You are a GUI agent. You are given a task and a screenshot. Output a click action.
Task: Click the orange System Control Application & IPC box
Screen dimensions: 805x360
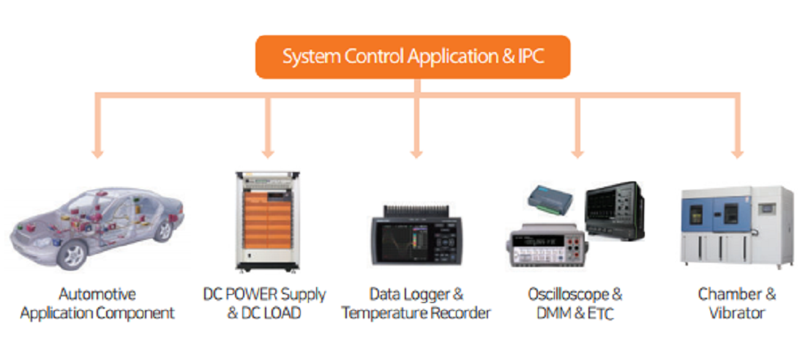pyautogui.click(x=413, y=57)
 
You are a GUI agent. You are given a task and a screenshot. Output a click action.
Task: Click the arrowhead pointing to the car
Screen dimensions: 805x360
pyautogui.click(x=97, y=154)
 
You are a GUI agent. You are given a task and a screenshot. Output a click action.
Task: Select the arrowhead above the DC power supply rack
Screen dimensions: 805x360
pyautogui.click(x=267, y=154)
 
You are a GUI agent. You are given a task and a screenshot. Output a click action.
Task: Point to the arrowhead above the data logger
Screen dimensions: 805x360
pyautogui.click(x=416, y=154)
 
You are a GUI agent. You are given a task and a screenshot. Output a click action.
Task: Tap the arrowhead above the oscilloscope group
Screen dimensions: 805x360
pyautogui.click(x=577, y=154)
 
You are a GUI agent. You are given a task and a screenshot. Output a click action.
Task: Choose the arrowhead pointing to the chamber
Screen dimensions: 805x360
pyautogui.click(x=737, y=154)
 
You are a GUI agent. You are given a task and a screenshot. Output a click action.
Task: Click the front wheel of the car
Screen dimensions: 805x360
pyautogui.click(x=72, y=255)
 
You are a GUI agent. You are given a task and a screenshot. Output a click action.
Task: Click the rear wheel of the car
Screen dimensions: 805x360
pyautogui.click(x=162, y=230)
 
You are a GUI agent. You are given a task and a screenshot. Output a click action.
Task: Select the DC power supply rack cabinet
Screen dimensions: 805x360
pyautogui.click(x=267, y=221)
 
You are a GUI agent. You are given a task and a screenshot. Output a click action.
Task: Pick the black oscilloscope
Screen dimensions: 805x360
pyautogui.click(x=615, y=211)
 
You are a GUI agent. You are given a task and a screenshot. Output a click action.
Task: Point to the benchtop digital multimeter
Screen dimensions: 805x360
pyautogui.click(x=547, y=245)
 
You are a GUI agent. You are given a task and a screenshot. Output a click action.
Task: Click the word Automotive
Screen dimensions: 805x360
pyautogui.click(x=97, y=294)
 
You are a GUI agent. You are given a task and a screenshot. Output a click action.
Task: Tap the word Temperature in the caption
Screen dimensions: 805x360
pyautogui.click(x=387, y=313)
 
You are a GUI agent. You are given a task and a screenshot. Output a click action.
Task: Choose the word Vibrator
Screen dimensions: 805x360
pyautogui.click(x=737, y=313)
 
